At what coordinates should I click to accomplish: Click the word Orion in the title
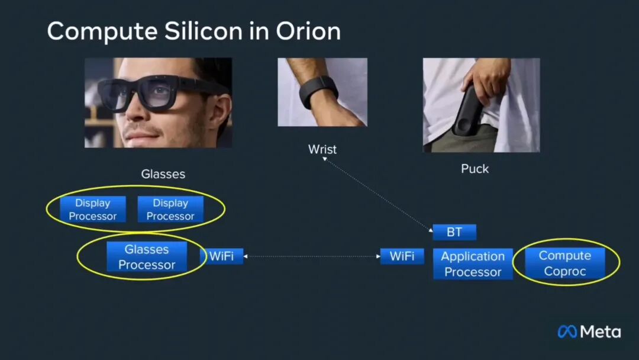[308, 31]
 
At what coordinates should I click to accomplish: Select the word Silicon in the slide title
[204, 31]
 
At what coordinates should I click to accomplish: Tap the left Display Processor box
[93, 209]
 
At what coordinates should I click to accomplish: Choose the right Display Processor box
[170, 209]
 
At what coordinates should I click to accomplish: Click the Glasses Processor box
[147, 257]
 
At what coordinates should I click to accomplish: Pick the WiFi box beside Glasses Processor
[222, 256]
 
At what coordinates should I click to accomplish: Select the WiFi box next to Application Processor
[402, 256]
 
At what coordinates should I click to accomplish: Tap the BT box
[454, 232]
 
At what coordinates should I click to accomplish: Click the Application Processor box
[473, 263]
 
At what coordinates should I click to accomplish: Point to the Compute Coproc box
[565, 263]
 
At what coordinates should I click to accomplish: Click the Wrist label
[322, 149]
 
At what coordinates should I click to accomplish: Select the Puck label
[475, 169]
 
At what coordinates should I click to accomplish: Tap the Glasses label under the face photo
[163, 174]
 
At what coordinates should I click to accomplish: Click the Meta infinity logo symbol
[567, 332]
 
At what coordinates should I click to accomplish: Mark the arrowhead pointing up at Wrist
[324, 159]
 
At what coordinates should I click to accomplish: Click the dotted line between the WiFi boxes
[312, 256]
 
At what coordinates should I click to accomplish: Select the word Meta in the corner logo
[601, 332]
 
